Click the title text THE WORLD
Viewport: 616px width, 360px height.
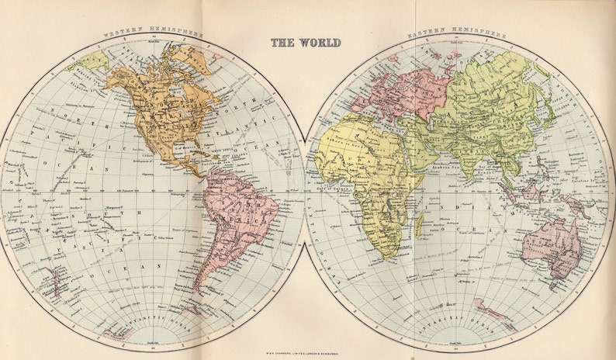(x=306, y=43)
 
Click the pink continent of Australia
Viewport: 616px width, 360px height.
(x=552, y=247)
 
